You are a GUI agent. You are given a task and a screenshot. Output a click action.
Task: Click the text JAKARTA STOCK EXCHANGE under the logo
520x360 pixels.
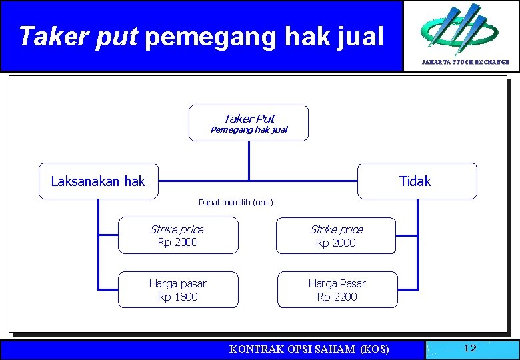tap(465, 62)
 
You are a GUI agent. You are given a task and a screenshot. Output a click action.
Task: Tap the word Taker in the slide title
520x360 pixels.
tap(54, 37)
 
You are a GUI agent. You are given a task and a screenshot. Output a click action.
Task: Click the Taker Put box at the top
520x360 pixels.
tap(249, 123)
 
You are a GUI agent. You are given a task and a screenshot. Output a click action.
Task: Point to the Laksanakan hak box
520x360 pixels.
tap(98, 181)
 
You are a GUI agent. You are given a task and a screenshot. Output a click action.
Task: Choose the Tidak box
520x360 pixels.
tap(417, 181)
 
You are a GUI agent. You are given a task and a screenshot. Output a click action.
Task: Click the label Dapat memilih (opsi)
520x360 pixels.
tap(236, 202)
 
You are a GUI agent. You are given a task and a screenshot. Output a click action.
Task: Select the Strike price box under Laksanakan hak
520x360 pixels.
tap(178, 235)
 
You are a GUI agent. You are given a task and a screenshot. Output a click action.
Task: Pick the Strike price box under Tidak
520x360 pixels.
tap(336, 235)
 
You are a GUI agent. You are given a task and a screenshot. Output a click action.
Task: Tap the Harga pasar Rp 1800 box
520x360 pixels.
tap(178, 290)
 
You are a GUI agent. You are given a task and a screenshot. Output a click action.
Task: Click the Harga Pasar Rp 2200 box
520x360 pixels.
tap(337, 290)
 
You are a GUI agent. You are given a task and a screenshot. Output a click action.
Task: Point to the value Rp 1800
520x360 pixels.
tap(178, 297)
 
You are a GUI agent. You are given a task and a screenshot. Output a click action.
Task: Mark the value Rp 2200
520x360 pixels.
tap(337, 297)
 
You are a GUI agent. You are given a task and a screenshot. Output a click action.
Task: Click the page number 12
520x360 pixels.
tap(470, 348)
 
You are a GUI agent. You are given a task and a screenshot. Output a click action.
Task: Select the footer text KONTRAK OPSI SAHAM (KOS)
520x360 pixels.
tap(309, 349)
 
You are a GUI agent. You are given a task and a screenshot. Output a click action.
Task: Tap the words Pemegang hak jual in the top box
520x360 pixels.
tap(249, 130)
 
